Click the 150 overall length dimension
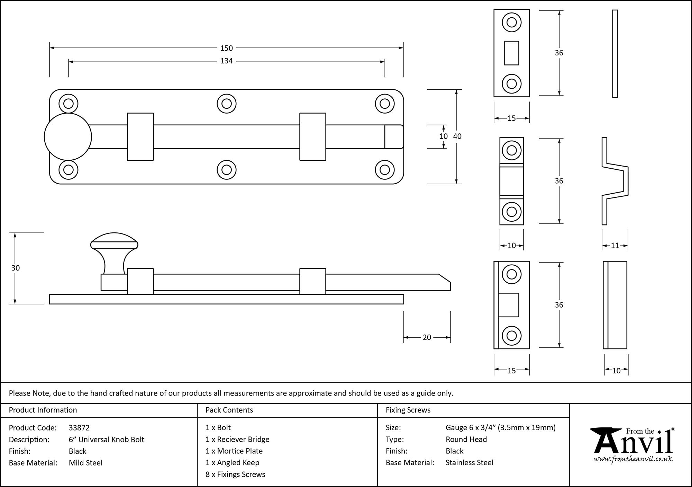click(x=226, y=48)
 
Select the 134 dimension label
click(x=226, y=61)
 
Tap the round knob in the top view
click(x=68, y=137)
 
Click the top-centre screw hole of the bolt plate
click(x=226, y=104)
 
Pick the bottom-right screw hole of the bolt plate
click(x=385, y=170)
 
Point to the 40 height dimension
click(x=457, y=136)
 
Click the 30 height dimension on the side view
click(x=16, y=268)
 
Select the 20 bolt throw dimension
click(x=427, y=337)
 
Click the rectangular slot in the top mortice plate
click(x=511, y=53)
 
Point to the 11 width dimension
click(x=615, y=246)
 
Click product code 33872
click(x=79, y=428)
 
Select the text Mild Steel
click(x=85, y=463)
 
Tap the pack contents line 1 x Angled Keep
click(x=232, y=463)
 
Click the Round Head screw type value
click(x=466, y=440)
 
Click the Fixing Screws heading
click(x=408, y=410)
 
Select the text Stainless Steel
click(x=469, y=463)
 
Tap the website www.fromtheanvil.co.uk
click(x=633, y=459)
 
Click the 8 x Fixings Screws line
click(x=235, y=475)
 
